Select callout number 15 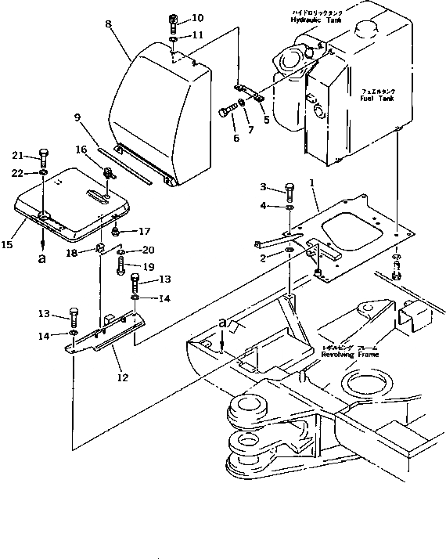point(7,246)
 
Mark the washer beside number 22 point(43,171)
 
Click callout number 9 point(77,119)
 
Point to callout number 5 point(266,120)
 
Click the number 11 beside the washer point(197,35)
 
